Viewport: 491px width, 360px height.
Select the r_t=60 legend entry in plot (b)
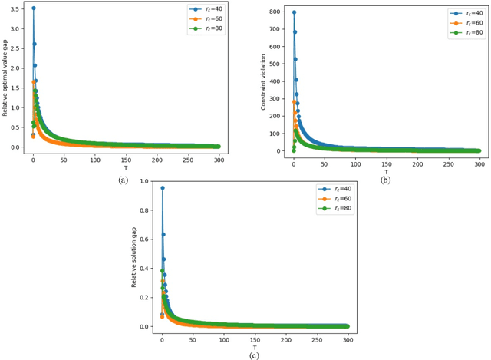pos(467,22)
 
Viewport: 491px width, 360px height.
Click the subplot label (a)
pos(123,179)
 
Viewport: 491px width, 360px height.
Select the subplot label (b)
pos(384,179)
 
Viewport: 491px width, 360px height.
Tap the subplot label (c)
pos(253,355)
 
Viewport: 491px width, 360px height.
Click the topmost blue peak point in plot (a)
pos(33,8)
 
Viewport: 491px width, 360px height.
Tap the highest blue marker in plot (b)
pos(294,12)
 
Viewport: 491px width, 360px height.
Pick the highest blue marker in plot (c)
pos(162,188)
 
